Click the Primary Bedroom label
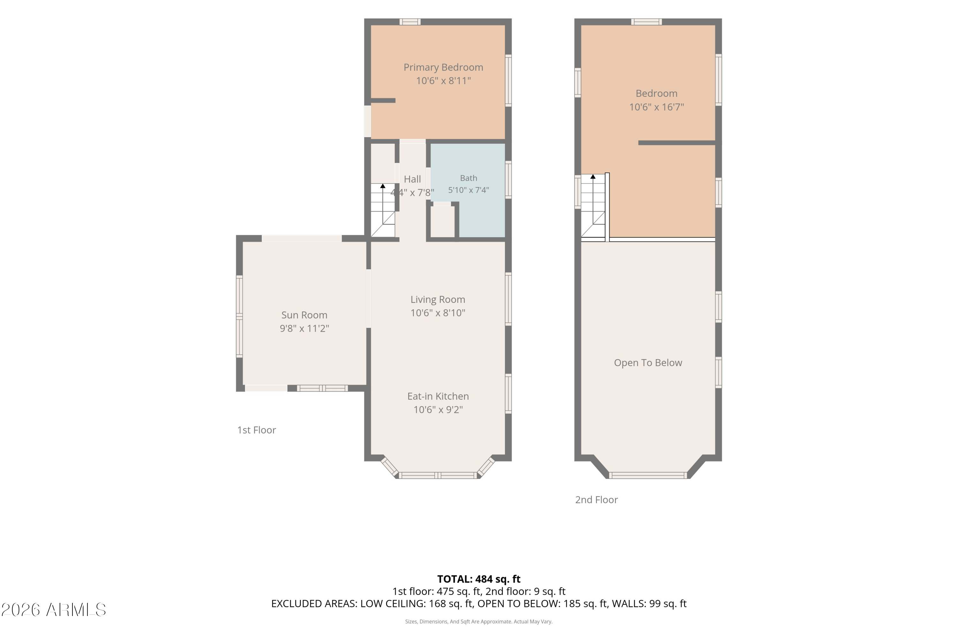[x=443, y=67]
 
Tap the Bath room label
[x=468, y=178]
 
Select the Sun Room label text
[x=304, y=315]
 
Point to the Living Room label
[x=438, y=300]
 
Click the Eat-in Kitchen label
[x=438, y=396]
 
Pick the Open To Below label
[x=648, y=363]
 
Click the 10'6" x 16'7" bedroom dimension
[x=657, y=107]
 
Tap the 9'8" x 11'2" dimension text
[x=304, y=328]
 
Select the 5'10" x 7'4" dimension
[x=468, y=190]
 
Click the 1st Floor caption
[x=257, y=430]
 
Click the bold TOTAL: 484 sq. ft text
[x=479, y=579]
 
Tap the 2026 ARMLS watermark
[x=54, y=610]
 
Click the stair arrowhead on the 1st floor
[x=383, y=186]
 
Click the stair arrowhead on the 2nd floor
[x=593, y=176]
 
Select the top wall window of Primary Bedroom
[x=410, y=22]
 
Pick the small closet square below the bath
[x=442, y=221]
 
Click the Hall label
[x=412, y=179]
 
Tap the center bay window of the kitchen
[x=437, y=475]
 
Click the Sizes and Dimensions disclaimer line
[x=479, y=621]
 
